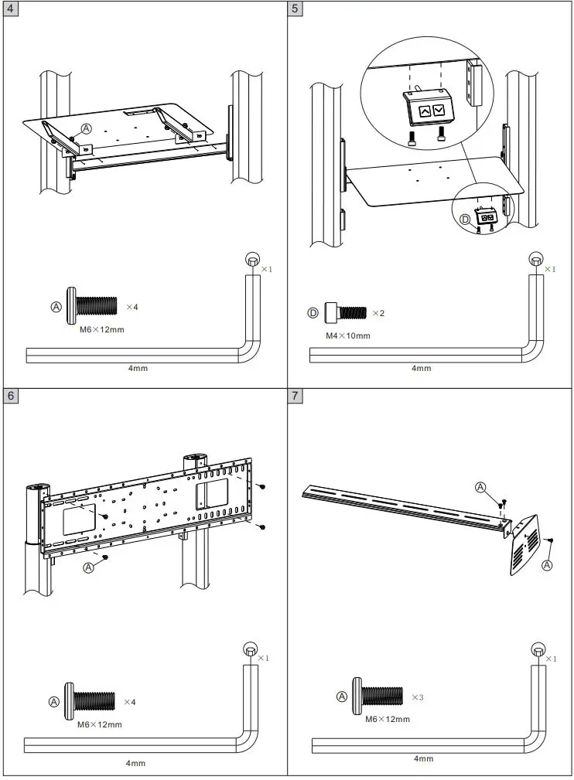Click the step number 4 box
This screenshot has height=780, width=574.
pos(11,10)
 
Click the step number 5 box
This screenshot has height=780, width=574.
pos(296,10)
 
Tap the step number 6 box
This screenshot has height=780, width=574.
pos(11,397)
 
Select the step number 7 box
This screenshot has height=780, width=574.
pos(296,397)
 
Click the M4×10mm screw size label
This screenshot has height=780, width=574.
pos(347,336)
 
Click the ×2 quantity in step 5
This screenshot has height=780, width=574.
pos(378,313)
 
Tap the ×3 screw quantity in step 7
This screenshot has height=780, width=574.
pos(417,697)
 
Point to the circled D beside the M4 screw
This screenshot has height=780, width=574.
pos(313,313)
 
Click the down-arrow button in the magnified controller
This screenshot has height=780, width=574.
pos(439,111)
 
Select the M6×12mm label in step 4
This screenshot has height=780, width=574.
pos(102,329)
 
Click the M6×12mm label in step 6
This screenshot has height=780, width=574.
pos(99,724)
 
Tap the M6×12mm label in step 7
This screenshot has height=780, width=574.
pos(388,719)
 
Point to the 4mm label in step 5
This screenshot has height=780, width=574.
pos(421,368)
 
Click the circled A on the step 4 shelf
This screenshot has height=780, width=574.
pos(86,128)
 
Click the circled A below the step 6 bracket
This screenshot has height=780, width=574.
pos(88,567)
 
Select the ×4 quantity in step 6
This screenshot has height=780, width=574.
pos(130,702)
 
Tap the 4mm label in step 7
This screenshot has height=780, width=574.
pos(423,758)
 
